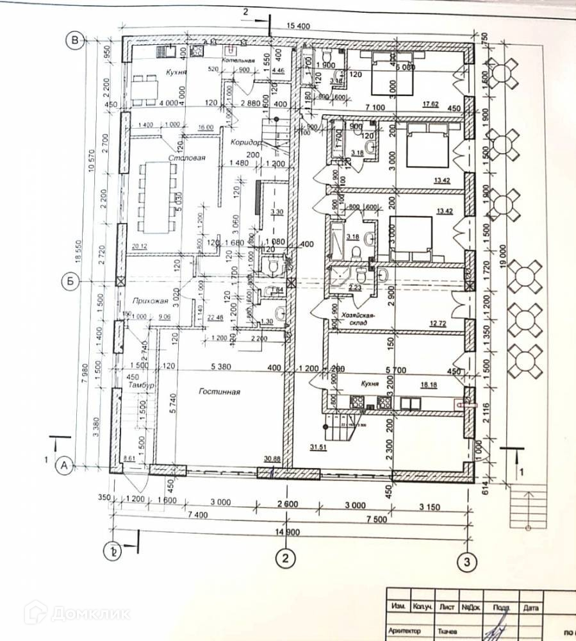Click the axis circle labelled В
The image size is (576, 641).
coord(76,41)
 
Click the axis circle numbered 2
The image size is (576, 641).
coord(286,558)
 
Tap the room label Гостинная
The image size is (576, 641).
coord(218,392)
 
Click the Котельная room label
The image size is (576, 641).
coord(239,60)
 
